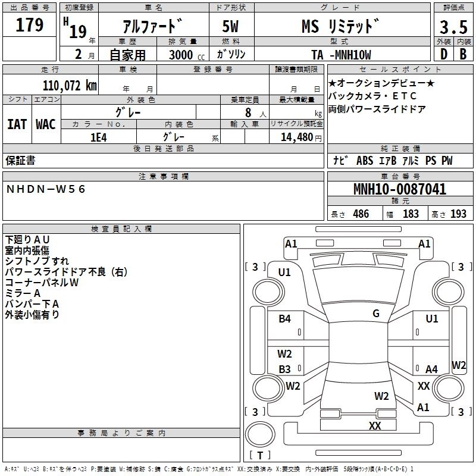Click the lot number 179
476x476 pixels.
(x=29, y=25)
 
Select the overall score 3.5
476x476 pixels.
(x=453, y=27)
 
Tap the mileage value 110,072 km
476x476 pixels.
(x=70, y=86)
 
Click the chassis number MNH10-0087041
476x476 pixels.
(x=400, y=189)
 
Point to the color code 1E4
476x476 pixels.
(x=99, y=137)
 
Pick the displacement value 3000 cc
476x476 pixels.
(x=187, y=55)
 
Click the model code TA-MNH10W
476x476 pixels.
(x=341, y=55)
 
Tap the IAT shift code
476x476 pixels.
(x=17, y=124)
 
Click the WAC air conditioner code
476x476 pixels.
(x=46, y=124)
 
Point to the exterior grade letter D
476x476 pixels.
(x=444, y=54)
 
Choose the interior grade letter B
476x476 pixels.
(x=463, y=54)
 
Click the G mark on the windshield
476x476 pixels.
(x=376, y=314)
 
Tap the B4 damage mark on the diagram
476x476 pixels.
(x=285, y=319)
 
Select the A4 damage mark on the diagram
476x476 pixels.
(x=431, y=369)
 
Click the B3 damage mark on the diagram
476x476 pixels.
(x=285, y=369)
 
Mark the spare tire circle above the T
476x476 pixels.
(x=260, y=434)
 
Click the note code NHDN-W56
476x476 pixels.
(x=46, y=189)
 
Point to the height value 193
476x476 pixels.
(x=458, y=214)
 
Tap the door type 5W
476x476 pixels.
(x=230, y=26)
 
